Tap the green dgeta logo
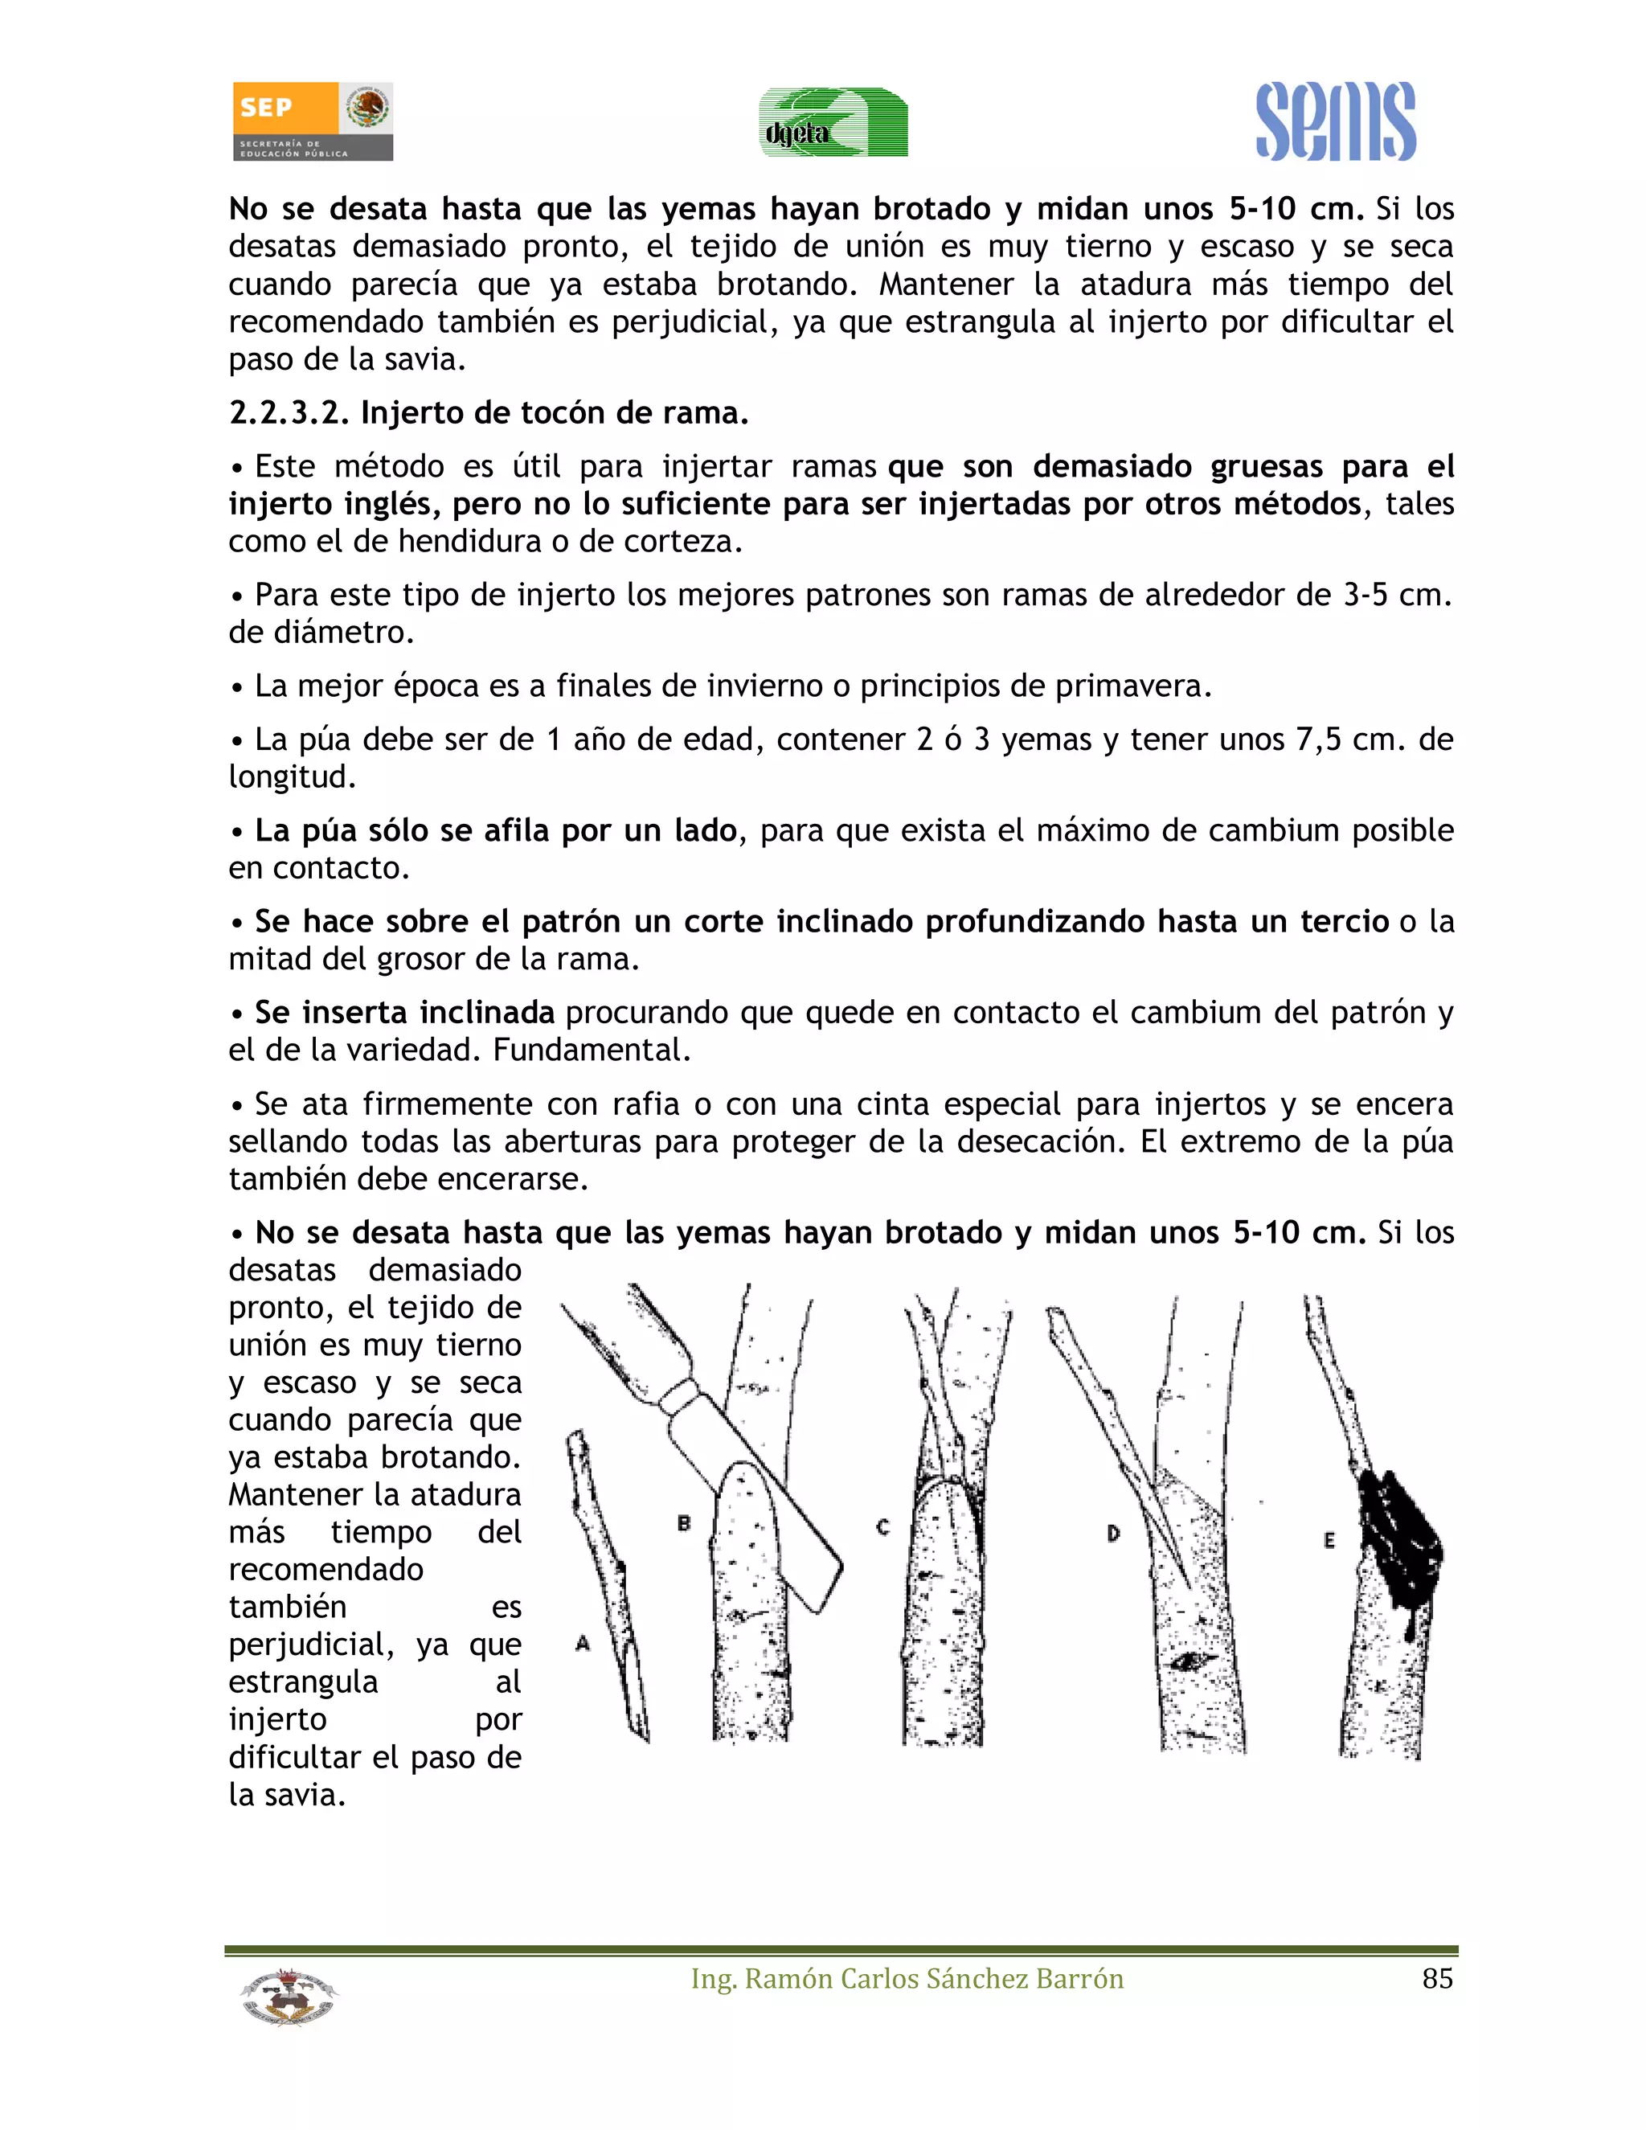[833, 123]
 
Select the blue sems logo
[1335, 123]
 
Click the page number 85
[1436, 1979]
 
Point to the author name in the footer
[907, 1979]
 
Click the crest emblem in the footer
[288, 1996]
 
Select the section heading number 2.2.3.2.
[289, 413]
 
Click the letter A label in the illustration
[582, 1644]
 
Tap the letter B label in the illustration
[684, 1522]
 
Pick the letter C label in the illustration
[882, 1527]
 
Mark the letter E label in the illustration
[1329, 1541]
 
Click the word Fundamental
[591, 1051]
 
